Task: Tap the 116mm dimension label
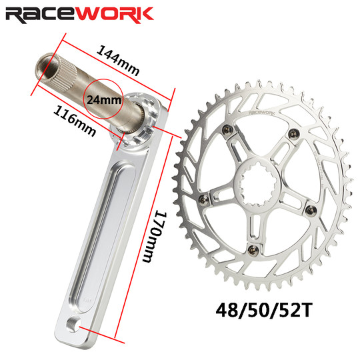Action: pos(72,117)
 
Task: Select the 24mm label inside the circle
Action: pos(104,100)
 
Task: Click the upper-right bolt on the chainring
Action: pos(292,132)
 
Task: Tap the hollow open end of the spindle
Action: pos(42,66)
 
